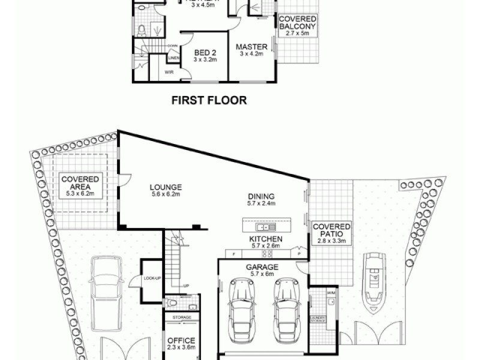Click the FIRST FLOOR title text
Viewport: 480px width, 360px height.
click(x=209, y=100)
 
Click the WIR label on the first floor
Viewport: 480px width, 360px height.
click(x=169, y=72)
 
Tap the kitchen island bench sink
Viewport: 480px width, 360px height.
click(x=264, y=227)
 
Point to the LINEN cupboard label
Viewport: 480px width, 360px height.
click(x=173, y=58)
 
